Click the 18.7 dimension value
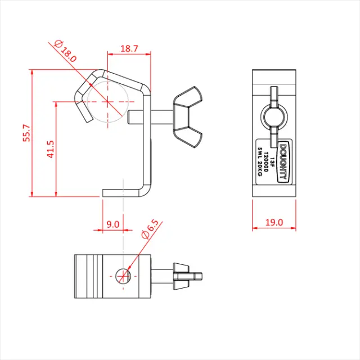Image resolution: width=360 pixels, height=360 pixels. click(x=129, y=49)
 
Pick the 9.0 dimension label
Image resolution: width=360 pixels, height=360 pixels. click(x=112, y=224)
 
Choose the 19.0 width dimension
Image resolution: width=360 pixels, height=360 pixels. click(x=273, y=223)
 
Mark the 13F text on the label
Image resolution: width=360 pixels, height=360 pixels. click(x=272, y=161)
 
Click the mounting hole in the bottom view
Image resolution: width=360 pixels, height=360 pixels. click(x=123, y=275)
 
